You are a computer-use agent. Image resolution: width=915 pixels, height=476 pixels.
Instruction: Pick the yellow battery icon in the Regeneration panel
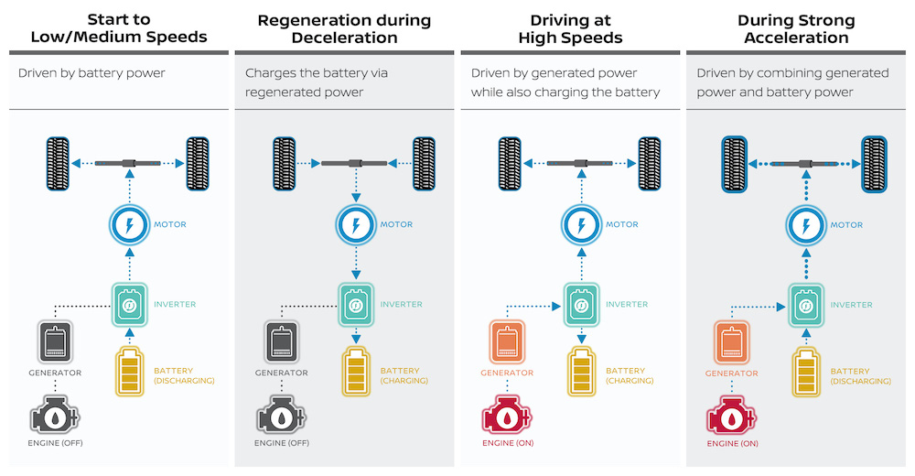click(358, 371)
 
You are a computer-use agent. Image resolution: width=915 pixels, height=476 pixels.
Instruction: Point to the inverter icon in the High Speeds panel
click(580, 304)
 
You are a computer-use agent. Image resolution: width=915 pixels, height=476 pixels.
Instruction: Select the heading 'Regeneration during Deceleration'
click(344, 28)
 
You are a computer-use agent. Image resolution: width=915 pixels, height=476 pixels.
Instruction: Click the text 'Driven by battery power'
click(91, 72)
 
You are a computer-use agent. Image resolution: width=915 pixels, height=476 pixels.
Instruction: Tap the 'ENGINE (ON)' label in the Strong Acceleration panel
click(731, 444)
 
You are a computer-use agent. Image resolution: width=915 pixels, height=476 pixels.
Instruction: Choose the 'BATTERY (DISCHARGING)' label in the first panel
click(184, 375)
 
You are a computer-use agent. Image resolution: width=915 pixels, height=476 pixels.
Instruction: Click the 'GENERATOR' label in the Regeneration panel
click(281, 373)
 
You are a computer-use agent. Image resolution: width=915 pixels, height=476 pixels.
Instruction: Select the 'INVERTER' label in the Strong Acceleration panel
click(850, 304)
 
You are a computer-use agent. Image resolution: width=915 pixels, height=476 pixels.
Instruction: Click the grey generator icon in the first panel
click(55, 342)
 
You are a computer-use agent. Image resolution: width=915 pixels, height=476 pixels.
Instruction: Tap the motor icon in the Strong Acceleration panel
click(806, 224)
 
